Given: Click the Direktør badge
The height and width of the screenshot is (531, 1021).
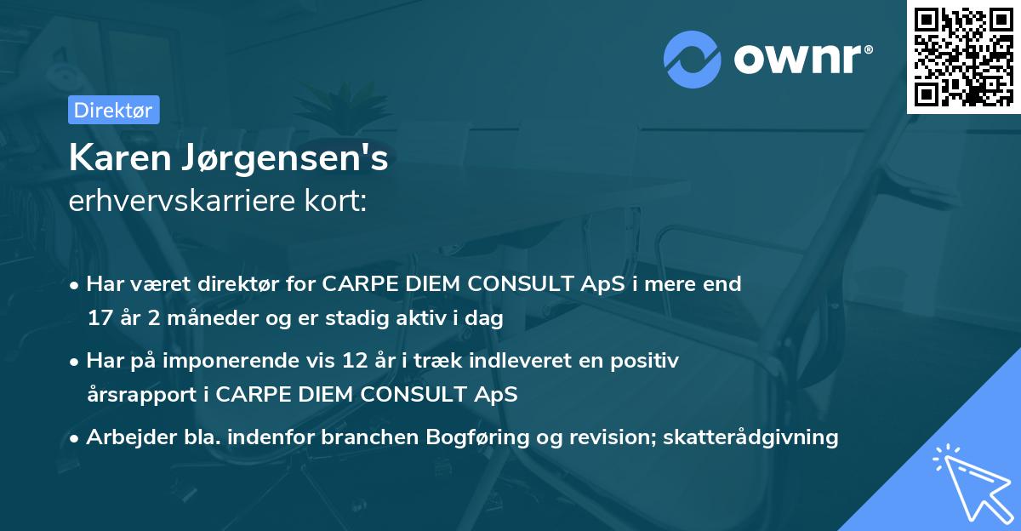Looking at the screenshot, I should click(x=113, y=110).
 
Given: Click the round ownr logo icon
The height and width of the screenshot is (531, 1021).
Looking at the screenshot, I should click(x=693, y=60).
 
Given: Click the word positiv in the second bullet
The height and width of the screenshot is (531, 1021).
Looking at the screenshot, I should click(x=648, y=361).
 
